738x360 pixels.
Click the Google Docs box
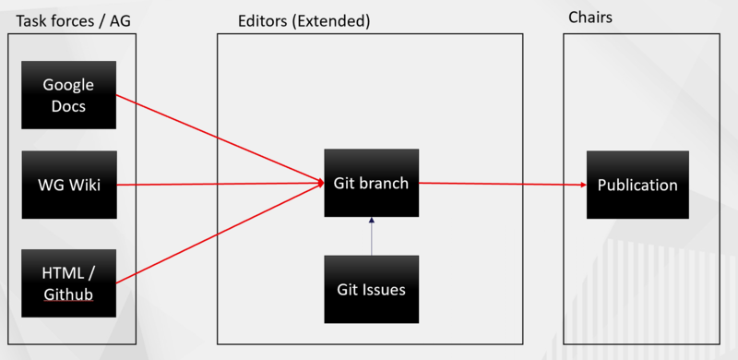[x=69, y=94]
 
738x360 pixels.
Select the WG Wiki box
[x=69, y=185]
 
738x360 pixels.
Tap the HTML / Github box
[x=69, y=282]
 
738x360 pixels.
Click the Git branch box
[x=371, y=183]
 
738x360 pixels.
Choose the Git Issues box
[x=371, y=289]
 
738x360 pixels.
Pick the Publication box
[x=637, y=185]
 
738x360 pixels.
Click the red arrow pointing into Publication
[x=503, y=184]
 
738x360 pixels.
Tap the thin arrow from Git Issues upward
[x=371, y=236]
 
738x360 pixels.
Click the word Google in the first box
[x=69, y=85]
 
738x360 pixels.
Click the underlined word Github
[x=69, y=294]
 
